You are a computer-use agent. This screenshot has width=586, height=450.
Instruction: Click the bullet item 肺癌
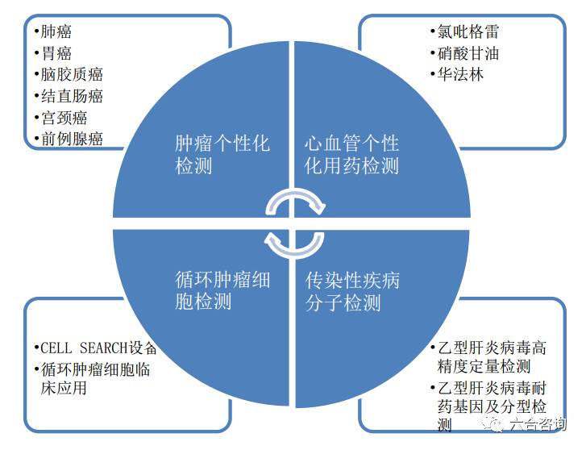coord(56,31)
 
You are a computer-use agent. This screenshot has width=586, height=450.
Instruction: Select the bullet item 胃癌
coord(56,53)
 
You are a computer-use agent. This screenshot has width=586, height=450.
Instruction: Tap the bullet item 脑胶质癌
coord(72,74)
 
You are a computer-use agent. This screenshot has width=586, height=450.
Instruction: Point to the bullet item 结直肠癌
coord(72,96)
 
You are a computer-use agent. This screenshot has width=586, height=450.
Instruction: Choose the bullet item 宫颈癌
coord(64,118)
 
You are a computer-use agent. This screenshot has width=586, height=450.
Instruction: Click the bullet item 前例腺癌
coord(72,139)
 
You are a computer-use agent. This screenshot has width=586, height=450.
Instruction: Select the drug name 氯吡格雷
coord(468,31)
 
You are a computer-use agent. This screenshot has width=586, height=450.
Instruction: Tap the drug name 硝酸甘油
coord(468,53)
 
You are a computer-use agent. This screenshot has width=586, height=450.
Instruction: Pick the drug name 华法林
coord(460,75)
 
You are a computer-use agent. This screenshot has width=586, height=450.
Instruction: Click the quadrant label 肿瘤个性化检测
coord(222,155)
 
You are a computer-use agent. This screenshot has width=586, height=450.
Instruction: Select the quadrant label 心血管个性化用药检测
coord(351,155)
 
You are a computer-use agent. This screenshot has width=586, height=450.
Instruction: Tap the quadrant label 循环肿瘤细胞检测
coord(222,291)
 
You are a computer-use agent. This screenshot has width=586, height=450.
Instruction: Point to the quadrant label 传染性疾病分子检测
coord(352,291)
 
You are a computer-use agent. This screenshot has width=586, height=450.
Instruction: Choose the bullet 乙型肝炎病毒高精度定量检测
coord(492,357)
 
